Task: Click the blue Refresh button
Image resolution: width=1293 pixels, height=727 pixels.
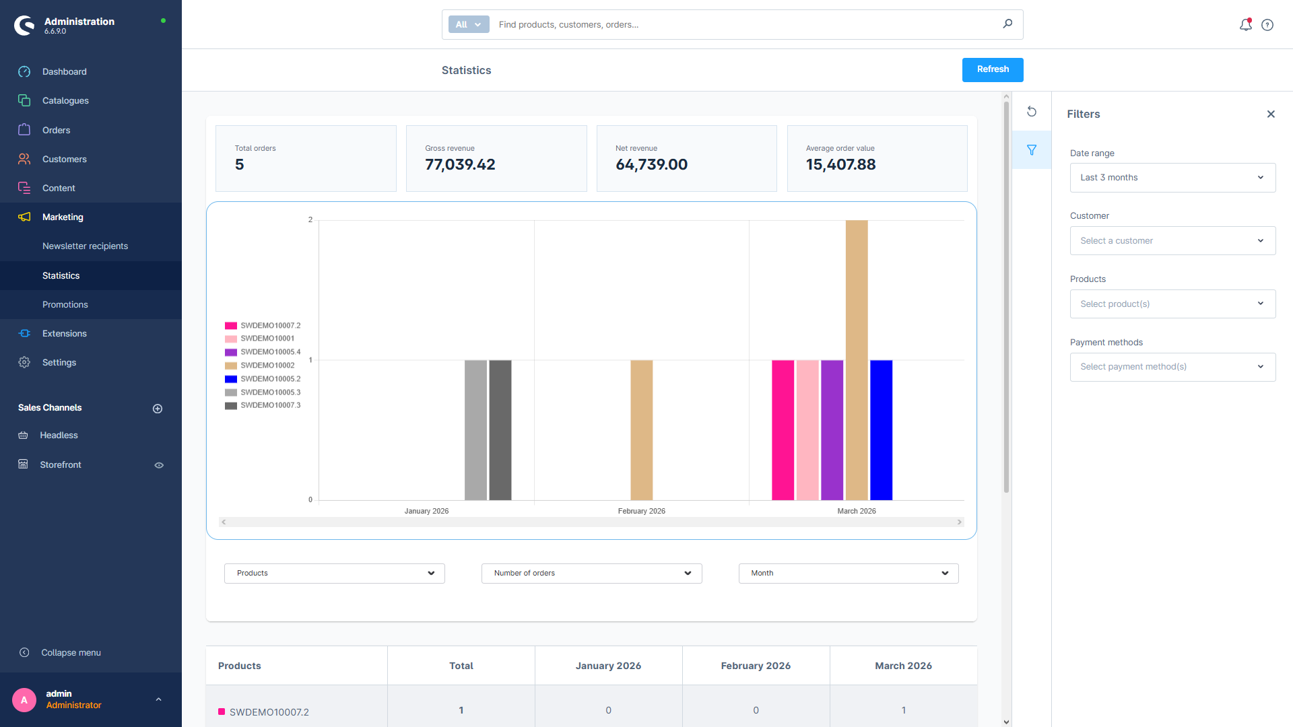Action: click(992, 69)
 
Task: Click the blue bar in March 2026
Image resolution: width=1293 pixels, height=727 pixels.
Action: click(881, 430)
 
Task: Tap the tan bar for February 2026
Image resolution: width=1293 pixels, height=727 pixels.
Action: click(641, 430)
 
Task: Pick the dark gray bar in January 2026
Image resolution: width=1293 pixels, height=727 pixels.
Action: click(500, 430)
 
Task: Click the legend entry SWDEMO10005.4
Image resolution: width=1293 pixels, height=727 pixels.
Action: click(270, 352)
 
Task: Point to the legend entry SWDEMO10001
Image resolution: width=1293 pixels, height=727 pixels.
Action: click(267, 339)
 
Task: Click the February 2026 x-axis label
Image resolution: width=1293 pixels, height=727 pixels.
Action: click(641, 511)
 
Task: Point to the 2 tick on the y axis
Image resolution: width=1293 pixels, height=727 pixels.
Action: click(310, 219)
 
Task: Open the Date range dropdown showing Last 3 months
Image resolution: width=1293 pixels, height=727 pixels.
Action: click(1172, 178)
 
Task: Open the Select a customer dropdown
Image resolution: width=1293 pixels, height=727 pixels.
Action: click(1172, 241)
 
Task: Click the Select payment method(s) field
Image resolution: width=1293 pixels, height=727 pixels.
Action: click(1172, 367)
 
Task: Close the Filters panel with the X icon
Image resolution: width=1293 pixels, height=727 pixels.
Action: click(1270, 114)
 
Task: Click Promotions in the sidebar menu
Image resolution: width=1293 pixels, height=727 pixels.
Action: click(65, 304)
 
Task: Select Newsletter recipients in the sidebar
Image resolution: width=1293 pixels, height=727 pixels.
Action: click(85, 246)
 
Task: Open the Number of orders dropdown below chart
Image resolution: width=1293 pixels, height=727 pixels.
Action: click(591, 574)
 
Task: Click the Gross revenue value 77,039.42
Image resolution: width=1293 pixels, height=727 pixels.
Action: click(460, 165)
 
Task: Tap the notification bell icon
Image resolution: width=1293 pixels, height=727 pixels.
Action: click(1245, 25)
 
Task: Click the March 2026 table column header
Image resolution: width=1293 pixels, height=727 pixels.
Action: click(902, 666)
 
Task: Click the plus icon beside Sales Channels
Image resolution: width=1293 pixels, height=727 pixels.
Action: click(158, 409)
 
